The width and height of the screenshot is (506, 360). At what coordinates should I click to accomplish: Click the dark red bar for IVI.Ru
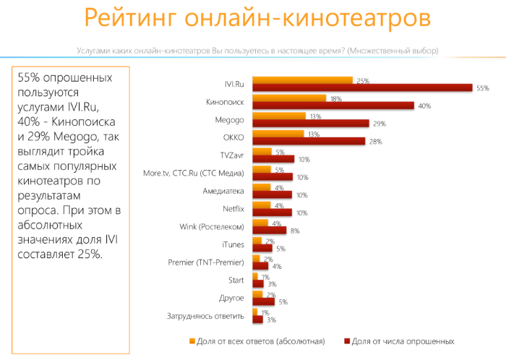pyautogui.click(x=361, y=88)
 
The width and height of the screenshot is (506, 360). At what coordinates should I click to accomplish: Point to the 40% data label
pyautogui.click(x=424, y=106)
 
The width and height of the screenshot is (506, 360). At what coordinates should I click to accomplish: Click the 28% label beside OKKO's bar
pyautogui.click(x=375, y=142)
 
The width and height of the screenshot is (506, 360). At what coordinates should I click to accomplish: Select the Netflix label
pyautogui.click(x=233, y=208)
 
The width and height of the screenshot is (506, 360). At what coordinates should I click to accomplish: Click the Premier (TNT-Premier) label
pyautogui.click(x=205, y=261)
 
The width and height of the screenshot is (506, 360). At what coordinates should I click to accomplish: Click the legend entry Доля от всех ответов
pyautogui.click(x=260, y=340)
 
